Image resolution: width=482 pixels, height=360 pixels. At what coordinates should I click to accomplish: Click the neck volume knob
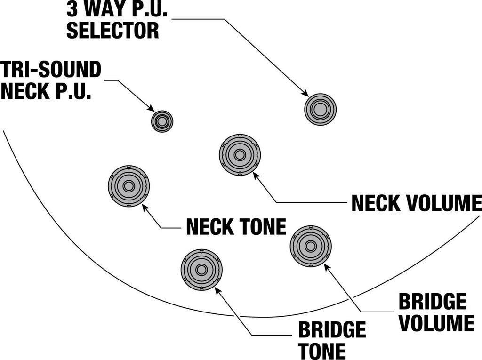click(240, 154)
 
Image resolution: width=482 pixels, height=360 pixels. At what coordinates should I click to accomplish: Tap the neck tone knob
click(129, 186)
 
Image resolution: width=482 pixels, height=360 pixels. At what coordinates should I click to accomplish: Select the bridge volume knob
click(311, 246)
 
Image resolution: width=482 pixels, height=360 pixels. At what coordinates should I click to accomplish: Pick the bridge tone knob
click(201, 270)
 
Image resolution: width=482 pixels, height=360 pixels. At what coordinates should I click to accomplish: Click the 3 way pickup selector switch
click(320, 109)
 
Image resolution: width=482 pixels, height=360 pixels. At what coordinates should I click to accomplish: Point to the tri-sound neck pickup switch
click(162, 121)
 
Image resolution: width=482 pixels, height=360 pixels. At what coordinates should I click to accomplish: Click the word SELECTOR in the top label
click(112, 30)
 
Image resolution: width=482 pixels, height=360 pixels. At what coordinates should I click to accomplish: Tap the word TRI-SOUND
click(51, 70)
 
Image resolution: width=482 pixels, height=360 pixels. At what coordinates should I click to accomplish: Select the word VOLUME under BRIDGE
click(436, 323)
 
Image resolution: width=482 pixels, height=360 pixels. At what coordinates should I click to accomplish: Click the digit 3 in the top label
click(72, 9)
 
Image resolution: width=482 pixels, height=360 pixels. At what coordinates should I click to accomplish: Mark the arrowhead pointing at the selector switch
click(304, 93)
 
